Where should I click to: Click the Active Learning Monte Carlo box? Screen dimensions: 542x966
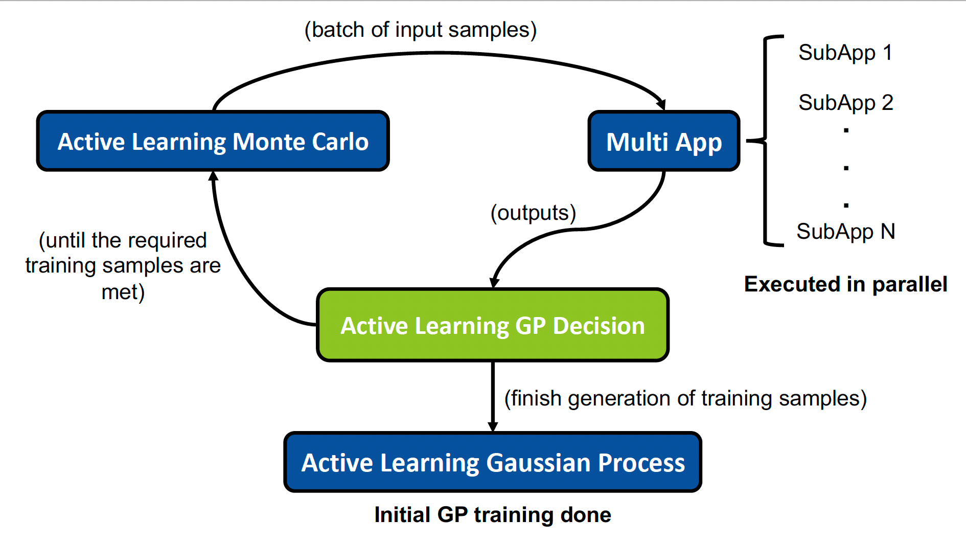pos(213,141)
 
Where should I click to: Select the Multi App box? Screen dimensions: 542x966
pos(663,141)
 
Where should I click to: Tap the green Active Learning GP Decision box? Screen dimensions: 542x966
pos(492,325)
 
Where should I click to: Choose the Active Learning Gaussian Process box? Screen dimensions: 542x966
pos(492,462)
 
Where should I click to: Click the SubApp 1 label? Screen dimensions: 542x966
pos(845,53)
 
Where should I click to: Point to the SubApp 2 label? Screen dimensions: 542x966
pos(845,103)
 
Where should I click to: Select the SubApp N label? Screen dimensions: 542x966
pos(845,232)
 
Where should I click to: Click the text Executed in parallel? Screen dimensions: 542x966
pos(845,284)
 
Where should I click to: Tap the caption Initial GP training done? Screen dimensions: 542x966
pos(492,515)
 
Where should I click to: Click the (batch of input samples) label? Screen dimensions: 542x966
pos(420,30)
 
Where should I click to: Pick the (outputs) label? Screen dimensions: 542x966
pos(533,213)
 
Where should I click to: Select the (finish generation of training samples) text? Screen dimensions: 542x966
pos(685,398)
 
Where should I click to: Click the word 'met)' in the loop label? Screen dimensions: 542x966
pos(123,292)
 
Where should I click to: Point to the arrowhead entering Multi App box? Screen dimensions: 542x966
pos(661,104)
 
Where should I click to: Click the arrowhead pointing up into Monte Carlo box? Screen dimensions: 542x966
pos(214,176)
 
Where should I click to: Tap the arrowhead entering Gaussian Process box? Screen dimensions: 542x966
pos(493,426)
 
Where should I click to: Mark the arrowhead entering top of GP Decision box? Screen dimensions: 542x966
pos(494,283)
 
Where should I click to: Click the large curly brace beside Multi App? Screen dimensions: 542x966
pos(765,141)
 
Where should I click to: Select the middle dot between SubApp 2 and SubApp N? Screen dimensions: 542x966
pos(846,168)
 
